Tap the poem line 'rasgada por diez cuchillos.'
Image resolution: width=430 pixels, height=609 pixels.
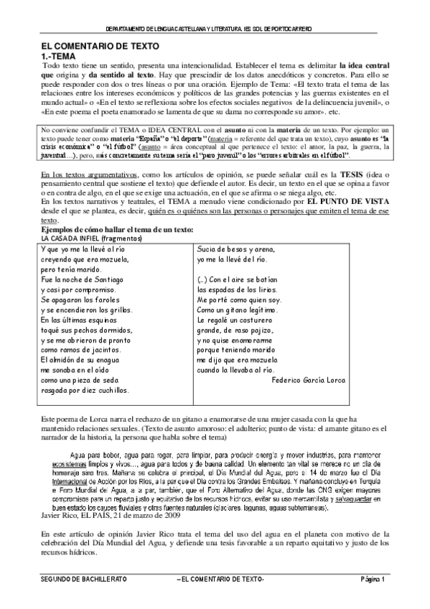tap(85, 390)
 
